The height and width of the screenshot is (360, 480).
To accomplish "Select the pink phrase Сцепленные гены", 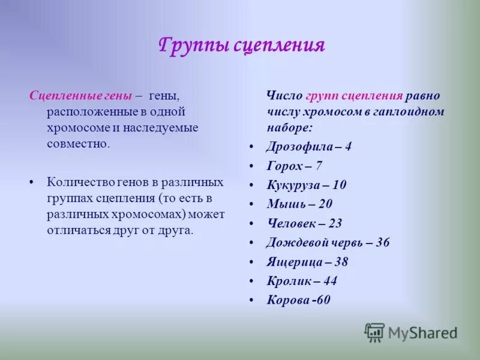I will pyautogui.click(x=80, y=96).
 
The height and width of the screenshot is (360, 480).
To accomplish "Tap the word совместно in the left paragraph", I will pyautogui.click(x=78, y=143).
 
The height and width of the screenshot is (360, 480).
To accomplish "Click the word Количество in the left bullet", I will pyautogui.click(x=79, y=182).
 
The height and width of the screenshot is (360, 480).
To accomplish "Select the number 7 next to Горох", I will pyautogui.click(x=319, y=166).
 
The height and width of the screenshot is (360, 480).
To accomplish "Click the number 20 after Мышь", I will pyautogui.click(x=325, y=204).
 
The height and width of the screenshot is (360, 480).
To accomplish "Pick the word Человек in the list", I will pyautogui.click(x=290, y=223).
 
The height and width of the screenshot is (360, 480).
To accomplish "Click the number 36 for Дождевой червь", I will pyautogui.click(x=382, y=242).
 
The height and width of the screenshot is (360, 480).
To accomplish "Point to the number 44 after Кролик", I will pyautogui.click(x=329, y=281).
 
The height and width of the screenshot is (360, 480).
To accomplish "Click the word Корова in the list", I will pyautogui.click(x=287, y=300).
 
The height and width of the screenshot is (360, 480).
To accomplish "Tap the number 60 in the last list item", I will pyautogui.click(x=322, y=300).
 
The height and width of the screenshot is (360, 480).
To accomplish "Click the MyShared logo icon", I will pyautogui.click(x=374, y=332).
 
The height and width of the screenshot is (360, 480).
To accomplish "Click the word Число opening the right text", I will pyautogui.click(x=284, y=96).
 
